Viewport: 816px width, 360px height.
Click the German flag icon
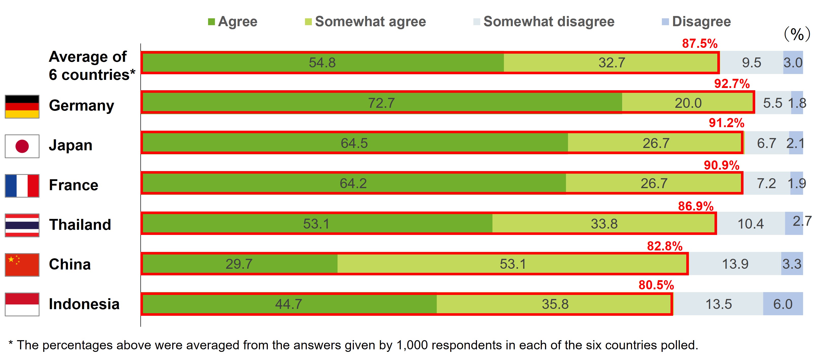pos(22,106)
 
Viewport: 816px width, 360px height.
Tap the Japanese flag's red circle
pos(22,146)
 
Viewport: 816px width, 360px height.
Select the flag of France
pos(22,186)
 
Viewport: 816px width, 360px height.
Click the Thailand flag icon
pos(22,225)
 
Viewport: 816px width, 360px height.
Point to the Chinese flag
pos(22,265)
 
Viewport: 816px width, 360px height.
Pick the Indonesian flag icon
pos(22,304)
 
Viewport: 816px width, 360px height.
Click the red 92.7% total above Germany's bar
pos(732,84)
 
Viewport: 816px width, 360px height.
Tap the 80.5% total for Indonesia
pos(656,285)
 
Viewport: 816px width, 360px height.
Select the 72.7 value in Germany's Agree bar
pos(381,103)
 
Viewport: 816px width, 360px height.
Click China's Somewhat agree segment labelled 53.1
pos(513,264)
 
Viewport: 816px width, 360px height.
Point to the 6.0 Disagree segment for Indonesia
pos(783,304)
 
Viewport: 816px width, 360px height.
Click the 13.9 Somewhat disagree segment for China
pos(735,264)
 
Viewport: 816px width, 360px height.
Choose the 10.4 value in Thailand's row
pos(750,224)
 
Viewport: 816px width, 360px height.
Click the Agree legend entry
pos(233,22)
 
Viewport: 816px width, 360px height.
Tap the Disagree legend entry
pos(697,22)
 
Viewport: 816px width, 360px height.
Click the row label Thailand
pos(80,224)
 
